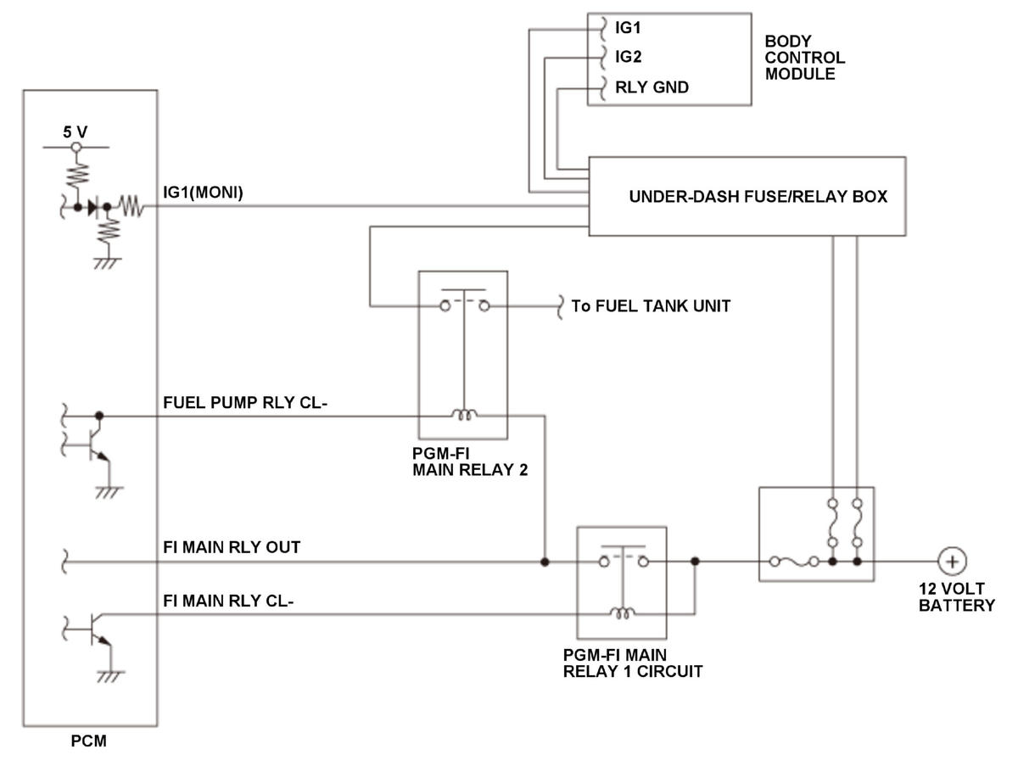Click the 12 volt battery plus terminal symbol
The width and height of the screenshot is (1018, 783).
[952, 561]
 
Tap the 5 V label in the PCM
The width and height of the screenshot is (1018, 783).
[76, 132]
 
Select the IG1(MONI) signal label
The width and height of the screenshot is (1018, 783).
[203, 193]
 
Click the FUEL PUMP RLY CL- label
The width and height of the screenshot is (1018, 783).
[245, 402]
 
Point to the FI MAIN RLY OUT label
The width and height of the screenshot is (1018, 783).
[232, 547]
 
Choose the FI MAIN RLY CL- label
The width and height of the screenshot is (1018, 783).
[228, 601]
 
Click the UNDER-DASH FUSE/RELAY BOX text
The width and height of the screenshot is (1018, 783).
[758, 197]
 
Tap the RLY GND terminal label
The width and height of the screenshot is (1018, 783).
[652, 87]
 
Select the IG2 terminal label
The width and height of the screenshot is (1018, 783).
[628, 57]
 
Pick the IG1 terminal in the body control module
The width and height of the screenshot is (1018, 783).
[627, 28]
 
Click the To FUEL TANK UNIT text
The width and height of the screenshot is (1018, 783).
[651, 306]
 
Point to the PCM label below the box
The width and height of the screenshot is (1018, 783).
[88, 741]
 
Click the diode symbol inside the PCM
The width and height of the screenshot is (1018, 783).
[93, 207]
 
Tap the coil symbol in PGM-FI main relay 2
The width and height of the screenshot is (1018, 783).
[464, 415]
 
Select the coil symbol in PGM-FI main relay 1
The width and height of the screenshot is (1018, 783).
[622, 612]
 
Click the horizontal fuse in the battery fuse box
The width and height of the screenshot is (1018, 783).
[795, 562]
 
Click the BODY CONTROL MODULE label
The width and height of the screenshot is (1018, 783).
[805, 58]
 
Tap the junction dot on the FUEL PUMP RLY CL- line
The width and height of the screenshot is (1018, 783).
[99, 416]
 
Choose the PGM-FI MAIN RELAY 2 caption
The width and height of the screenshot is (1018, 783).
[470, 461]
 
